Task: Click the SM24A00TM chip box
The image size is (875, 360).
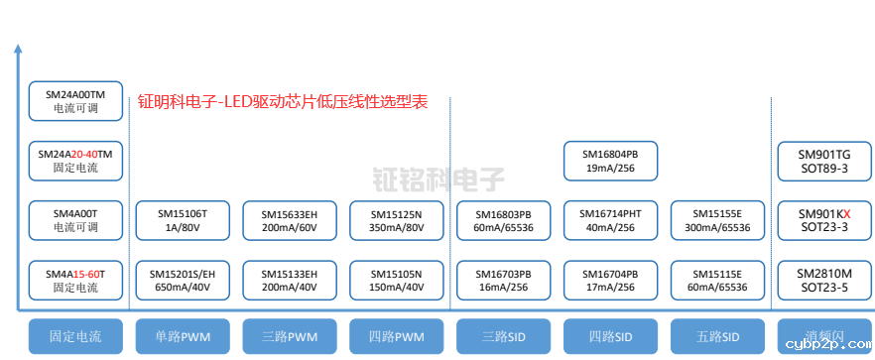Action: (x=75, y=100)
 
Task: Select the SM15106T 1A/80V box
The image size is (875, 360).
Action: (x=183, y=220)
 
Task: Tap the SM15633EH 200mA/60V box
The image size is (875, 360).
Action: (x=290, y=220)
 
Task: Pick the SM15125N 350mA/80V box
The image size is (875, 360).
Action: (x=397, y=220)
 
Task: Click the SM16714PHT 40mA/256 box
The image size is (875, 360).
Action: (x=611, y=220)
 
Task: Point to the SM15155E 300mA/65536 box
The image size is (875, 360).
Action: (x=718, y=220)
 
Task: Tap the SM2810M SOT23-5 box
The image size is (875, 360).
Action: (x=824, y=281)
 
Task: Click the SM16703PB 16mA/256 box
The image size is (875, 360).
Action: (x=504, y=281)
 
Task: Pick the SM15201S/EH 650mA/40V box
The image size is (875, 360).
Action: (x=183, y=281)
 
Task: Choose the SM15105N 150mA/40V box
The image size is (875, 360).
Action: (x=397, y=281)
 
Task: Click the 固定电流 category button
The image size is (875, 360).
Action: (x=75, y=336)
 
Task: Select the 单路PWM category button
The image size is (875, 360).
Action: (x=183, y=336)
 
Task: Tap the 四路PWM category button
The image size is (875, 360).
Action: (x=397, y=336)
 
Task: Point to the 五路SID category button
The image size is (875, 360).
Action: (x=718, y=336)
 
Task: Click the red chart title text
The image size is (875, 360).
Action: (x=283, y=101)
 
